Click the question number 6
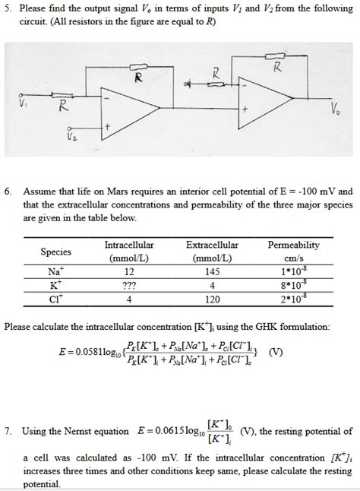pyautogui.click(x=8, y=192)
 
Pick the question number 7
pyautogui.click(x=8, y=431)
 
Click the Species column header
pyautogui.click(x=55, y=252)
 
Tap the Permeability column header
pyautogui.click(x=294, y=252)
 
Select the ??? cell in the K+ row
pyautogui.click(x=128, y=286)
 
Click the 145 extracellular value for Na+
pyautogui.click(x=212, y=272)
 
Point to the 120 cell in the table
pyautogui.click(x=212, y=299)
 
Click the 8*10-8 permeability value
pyautogui.click(x=294, y=286)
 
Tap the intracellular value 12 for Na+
pyautogui.click(x=128, y=272)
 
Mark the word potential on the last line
pyautogui.click(x=43, y=483)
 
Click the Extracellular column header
pyautogui.click(x=212, y=245)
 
